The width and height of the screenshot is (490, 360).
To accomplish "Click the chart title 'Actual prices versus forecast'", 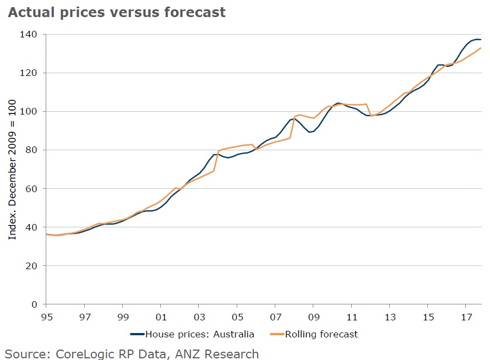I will click(116, 12).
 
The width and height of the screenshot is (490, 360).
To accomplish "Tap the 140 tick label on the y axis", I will click(29, 35).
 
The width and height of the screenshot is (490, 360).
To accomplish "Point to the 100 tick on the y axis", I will click(29, 112).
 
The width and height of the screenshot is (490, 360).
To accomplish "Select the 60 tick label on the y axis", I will click(31, 189).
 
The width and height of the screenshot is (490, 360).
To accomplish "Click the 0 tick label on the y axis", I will click(34, 304).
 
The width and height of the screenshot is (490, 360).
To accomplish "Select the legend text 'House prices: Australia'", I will click(200, 334).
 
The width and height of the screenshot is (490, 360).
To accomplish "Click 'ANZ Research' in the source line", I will click(222, 354).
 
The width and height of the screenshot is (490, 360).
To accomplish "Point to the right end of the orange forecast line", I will click(481, 48).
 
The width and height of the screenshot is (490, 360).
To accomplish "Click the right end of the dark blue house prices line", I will click(481, 40).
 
